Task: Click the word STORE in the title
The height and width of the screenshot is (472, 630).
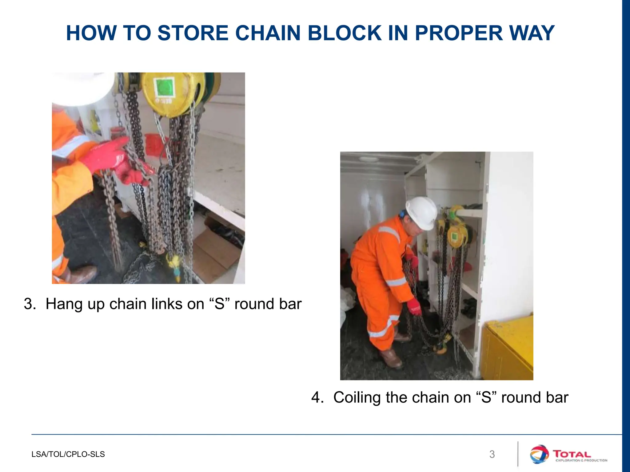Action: point(193,33)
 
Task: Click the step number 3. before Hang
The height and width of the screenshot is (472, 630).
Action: point(30,304)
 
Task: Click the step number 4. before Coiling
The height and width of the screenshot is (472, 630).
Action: point(317,397)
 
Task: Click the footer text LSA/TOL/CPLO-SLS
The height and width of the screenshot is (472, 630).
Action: point(68,454)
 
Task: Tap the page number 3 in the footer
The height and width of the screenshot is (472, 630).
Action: point(492,454)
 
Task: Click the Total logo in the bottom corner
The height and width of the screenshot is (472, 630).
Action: point(568,454)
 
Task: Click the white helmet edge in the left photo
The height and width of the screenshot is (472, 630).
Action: point(83,89)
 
